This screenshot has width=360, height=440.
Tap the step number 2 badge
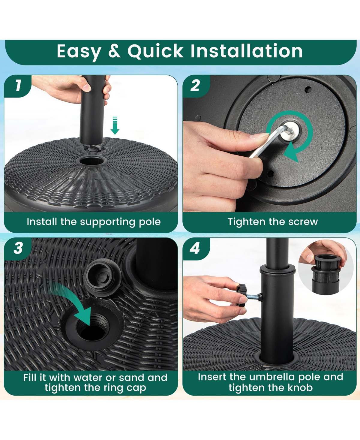click(x=196, y=86)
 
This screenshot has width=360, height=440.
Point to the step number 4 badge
click(x=195, y=249)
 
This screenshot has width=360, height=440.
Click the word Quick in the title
click(x=155, y=51)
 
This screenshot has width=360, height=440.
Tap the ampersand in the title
click(x=115, y=51)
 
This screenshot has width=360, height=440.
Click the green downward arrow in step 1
click(x=115, y=125)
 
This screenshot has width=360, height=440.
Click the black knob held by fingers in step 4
click(x=241, y=295)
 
